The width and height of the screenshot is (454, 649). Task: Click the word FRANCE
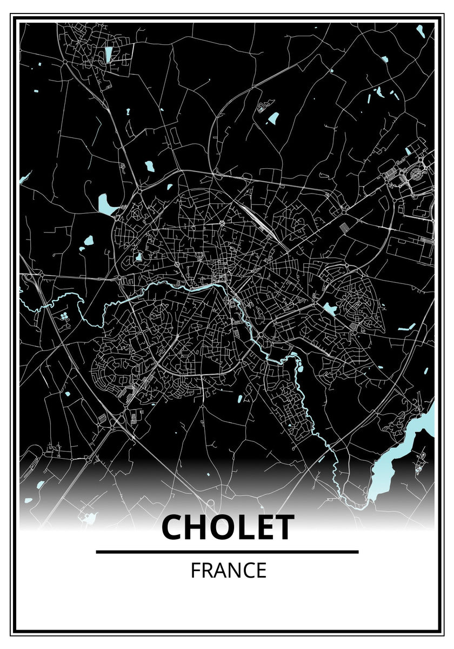click(228, 571)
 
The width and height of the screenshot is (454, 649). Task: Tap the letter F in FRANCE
click(195, 571)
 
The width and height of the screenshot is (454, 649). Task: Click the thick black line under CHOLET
click(227, 552)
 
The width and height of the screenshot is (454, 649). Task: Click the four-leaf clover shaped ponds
click(65, 315)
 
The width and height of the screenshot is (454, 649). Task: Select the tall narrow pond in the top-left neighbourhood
click(109, 54)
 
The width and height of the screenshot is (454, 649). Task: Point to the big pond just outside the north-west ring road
click(105, 204)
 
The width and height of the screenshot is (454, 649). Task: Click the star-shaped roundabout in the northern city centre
click(222, 223)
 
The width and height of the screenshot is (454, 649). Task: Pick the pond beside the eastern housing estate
click(329, 309)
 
